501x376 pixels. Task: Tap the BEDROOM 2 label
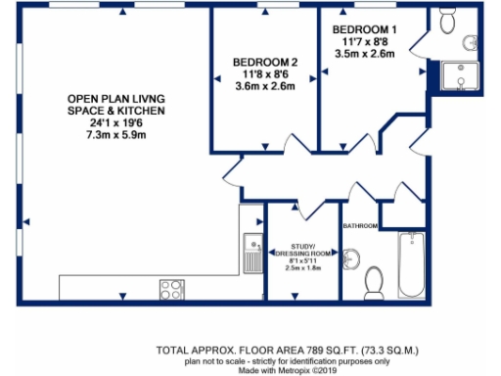pyautogui.click(x=256, y=61)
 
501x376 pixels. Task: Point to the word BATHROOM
pyautogui.click(x=359, y=226)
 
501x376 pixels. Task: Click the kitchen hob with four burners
pyautogui.click(x=171, y=289)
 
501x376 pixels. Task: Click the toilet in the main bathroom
pyautogui.click(x=374, y=283)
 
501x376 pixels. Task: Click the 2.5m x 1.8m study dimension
pyautogui.click(x=302, y=267)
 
